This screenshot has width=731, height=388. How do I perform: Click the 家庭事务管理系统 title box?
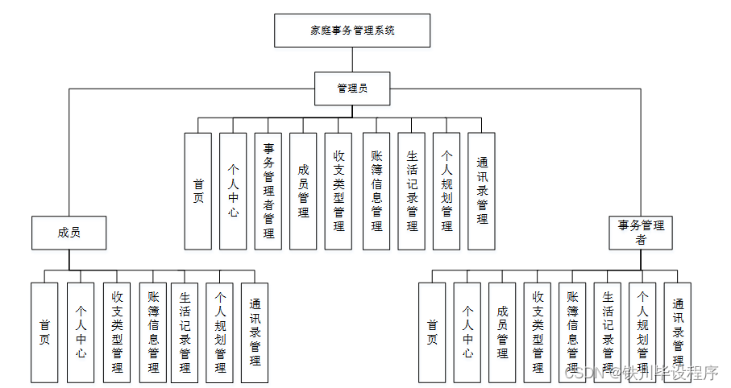(x=352, y=31)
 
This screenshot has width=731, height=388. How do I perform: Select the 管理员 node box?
(x=352, y=88)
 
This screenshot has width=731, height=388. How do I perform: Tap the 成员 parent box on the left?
(x=69, y=233)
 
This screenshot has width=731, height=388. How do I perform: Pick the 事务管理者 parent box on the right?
(x=641, y=232)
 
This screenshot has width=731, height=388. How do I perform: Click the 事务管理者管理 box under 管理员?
(x=268, y=191)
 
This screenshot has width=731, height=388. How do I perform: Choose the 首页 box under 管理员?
(x=198, y=191)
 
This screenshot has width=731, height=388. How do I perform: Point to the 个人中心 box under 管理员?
(x=233, y=191)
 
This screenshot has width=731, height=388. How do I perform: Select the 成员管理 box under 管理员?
(x=304, y=191)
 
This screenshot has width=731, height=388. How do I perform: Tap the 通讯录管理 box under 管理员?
(x=482, y=191)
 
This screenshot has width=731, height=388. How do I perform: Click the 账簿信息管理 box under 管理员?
(x=376, y=191)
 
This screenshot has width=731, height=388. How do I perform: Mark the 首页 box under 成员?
(x=45, y=332)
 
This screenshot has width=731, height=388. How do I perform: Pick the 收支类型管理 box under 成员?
(x=117, y=332)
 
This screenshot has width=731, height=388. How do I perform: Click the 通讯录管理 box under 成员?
(x=255, y=332)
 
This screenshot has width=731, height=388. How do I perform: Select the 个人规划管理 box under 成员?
(x=220, y=332)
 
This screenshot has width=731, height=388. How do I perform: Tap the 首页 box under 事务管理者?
(x=432, y=332)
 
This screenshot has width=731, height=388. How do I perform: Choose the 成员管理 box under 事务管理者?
(x=502, y=332)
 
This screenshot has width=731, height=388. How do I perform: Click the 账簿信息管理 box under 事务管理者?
(x=572, y=332)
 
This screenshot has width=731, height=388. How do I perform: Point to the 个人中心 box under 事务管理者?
(x=467, y=332)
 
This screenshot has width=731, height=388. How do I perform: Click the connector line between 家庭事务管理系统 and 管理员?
(x=352, y=60)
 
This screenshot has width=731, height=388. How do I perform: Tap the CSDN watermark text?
(x=641, y=373)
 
